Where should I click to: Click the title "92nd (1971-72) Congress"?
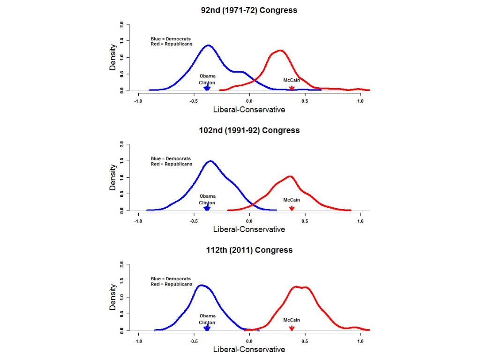coord(249,10)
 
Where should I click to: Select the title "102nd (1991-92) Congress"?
coord(249,130)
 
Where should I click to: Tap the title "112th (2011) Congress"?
coord(249,250)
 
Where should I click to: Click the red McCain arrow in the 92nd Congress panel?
coord(292,88)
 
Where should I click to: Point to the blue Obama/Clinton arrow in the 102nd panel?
coord(207,208)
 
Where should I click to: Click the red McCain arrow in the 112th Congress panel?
coord(292,328)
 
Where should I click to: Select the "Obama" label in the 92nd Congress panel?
coord(208,76)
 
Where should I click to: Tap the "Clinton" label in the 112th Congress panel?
coord(207,322)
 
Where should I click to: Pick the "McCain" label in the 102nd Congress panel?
coord(292,200)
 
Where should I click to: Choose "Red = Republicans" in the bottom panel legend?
coord(172,284)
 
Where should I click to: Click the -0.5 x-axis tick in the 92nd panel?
coord(194,101)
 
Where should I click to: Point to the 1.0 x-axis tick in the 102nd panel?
coord(360,221)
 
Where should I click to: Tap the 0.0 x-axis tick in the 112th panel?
coord(249,341)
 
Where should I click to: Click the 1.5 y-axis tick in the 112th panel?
coord(122,280)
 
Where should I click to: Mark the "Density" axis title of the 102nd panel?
coord(113,177)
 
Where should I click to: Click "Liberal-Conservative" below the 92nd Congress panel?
coord(249,110)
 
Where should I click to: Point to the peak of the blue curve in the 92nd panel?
coord(208,45)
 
